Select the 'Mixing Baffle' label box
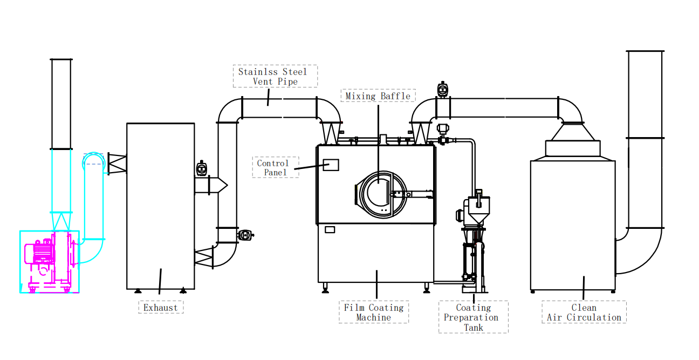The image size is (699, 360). [378, 96]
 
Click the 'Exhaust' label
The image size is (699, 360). [161, 308]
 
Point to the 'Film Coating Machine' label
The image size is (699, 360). [374, 312]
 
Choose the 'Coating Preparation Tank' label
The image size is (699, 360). [473, 317]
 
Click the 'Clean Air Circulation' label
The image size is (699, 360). [584, 312]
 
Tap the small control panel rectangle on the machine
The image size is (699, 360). [331, 165]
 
